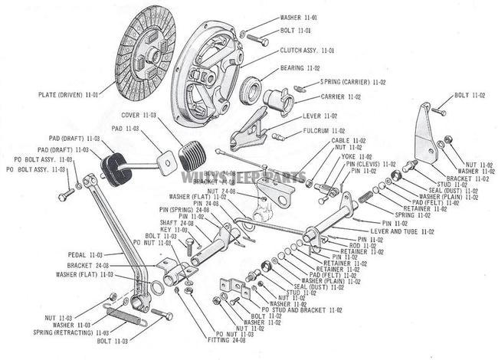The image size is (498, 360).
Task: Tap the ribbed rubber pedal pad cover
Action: (x=194, y=157)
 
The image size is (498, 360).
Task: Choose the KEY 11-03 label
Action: (x=174, y=229)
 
